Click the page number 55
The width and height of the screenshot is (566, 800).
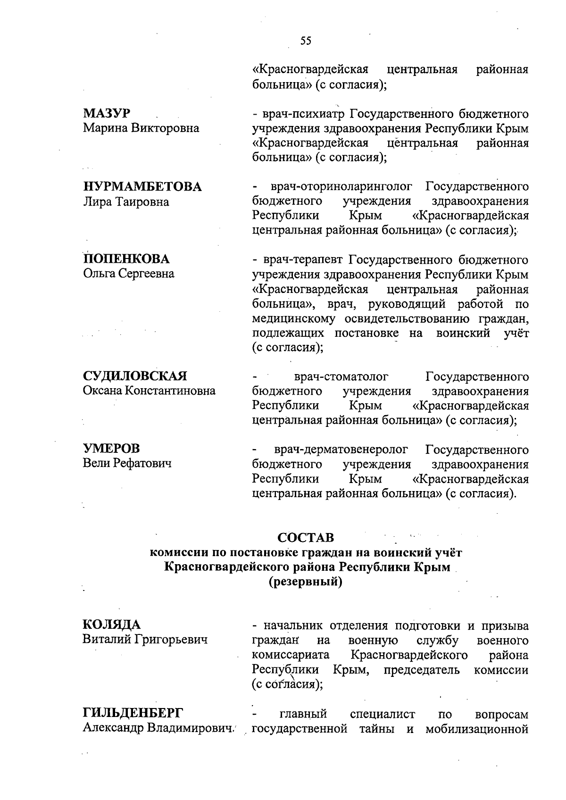[x=306, y=41]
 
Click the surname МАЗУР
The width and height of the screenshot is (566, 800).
[x=107, y=114]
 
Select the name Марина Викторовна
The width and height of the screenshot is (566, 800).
[x=141, y=128]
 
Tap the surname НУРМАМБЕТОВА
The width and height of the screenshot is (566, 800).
[x=142, y=187]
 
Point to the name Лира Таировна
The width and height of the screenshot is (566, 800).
[x=125, y=201]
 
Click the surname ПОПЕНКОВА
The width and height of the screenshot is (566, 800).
[x=126, y=259]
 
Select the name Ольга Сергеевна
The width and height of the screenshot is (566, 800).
[x=128, y=274]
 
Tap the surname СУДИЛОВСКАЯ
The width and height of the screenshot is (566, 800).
[x=135, y=376]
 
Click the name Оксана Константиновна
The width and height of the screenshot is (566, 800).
[x=149, y=391]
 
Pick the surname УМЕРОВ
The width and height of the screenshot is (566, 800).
[x=111, y=449]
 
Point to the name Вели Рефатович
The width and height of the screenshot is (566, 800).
[x=127, y=463]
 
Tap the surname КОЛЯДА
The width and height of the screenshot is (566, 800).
[x=112, y=625]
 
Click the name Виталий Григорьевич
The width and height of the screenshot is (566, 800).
[x=145, y=640]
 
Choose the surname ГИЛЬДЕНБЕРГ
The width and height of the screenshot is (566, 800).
[x=133, y=713]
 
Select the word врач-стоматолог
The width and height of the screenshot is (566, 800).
[x=341, y=376]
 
